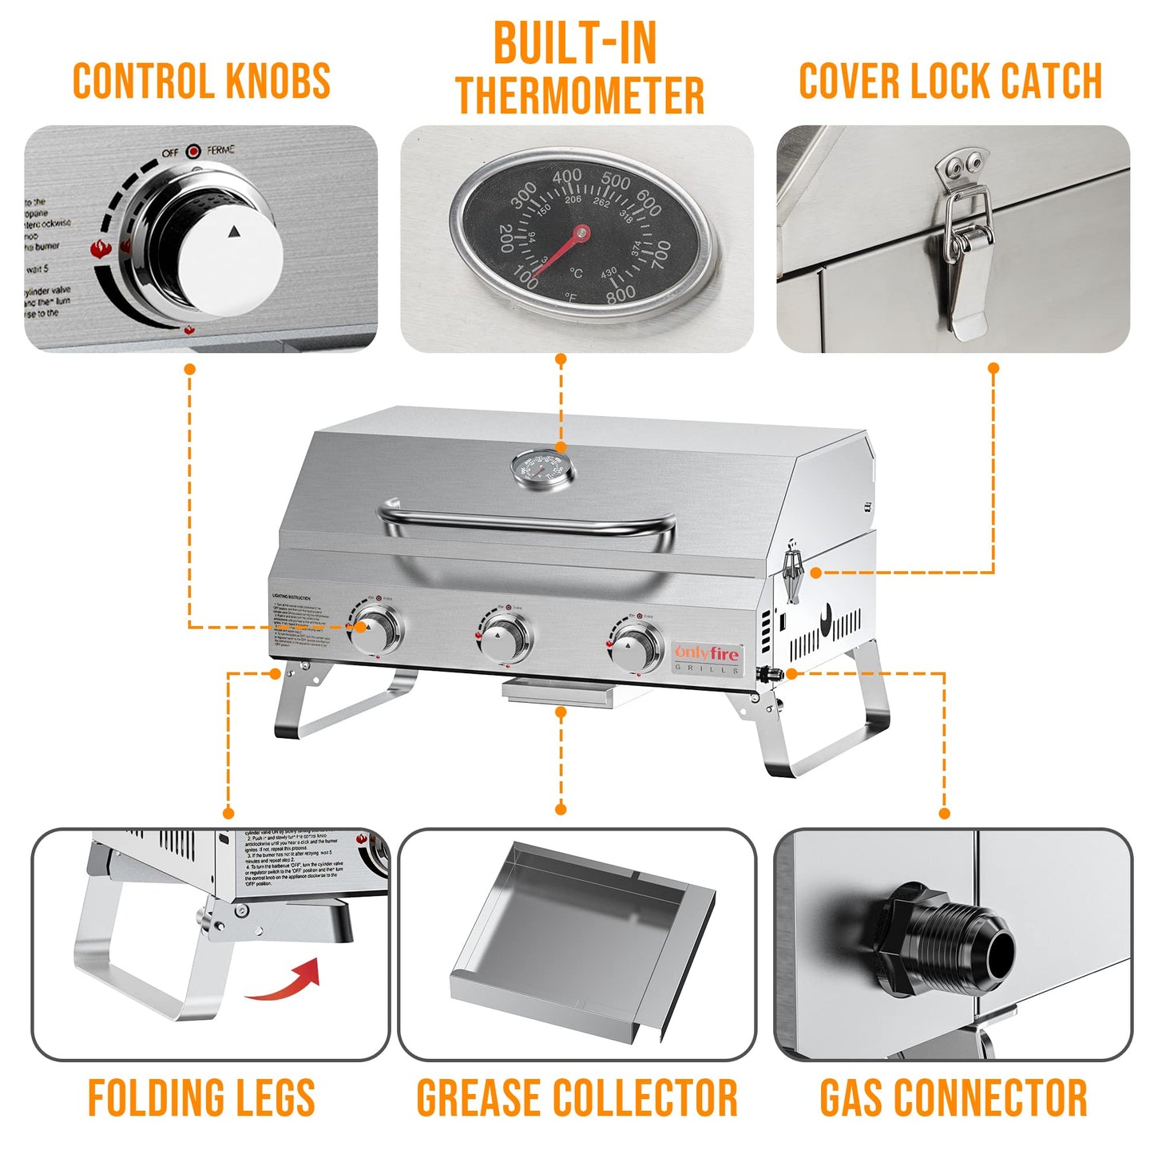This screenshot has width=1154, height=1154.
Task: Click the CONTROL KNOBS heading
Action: pyautogui.click(x=201, y=81)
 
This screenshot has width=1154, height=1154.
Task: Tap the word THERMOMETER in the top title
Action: pyautogui.click(x=580, y=96)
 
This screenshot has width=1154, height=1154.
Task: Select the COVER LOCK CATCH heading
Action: pyautogui.click(x=950, y=81)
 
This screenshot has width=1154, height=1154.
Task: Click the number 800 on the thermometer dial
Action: pyautogui.click(x=621, y=293)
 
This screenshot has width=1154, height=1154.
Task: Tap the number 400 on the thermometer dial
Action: pyautogui.click(x=566, y=176)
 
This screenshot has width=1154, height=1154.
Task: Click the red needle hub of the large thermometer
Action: pyautogui.click(x=581, y=233)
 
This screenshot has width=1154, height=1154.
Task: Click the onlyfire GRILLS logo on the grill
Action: pyautogui.click(x=708, y=658)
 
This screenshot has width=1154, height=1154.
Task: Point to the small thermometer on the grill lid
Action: pyautogui.click(x=541, y=470)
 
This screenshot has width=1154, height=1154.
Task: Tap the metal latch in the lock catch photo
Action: pyautogui.click(x=966, y=240)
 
